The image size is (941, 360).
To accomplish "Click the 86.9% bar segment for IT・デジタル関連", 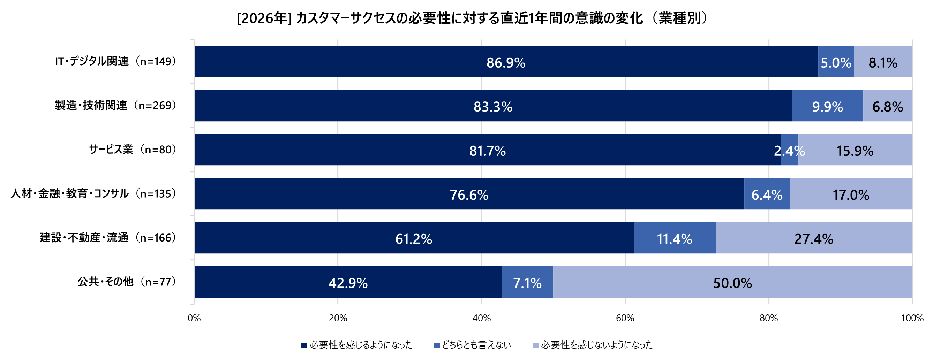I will (x=506, y=62).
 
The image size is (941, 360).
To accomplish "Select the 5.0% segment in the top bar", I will (x=836, y=62).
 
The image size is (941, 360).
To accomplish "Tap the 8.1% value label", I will (x=882, y=63).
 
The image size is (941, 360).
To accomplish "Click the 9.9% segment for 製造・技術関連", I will (x=827, y=106).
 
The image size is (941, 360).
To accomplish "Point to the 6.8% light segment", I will (x=888, y=106).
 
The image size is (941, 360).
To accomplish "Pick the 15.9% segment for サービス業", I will (x=855, y=151).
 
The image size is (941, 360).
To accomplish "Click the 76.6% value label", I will (x=469, y=194).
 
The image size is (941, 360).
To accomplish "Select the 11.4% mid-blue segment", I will (x=674, y=238).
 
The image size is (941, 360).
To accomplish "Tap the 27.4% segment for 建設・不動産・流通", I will (x=814, y=238).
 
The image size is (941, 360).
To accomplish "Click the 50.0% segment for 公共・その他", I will (x=732, y=283).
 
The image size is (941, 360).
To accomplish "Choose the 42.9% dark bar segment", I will (x=348, y=283).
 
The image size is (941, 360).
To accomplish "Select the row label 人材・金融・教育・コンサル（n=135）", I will (x=94, y=193).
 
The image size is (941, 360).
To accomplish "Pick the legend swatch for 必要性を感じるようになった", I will (x=303, y=345).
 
